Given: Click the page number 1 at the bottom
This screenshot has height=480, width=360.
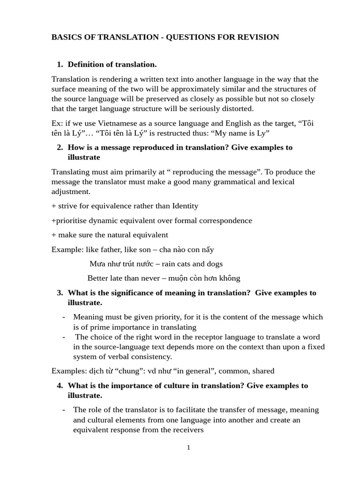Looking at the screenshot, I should (188, 448).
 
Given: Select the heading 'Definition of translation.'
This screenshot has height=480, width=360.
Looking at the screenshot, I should (112, 64).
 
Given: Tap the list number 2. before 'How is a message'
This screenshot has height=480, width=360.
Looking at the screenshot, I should (60, 147).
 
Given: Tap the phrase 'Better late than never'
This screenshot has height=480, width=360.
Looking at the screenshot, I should (124, 278).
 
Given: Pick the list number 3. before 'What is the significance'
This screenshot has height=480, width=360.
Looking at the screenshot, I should (60, 293).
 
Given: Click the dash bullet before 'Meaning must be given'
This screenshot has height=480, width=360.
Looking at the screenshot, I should (64, 317).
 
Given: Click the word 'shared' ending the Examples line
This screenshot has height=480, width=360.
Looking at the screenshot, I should (263, 371).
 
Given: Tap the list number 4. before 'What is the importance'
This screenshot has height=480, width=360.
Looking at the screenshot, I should (60, 386).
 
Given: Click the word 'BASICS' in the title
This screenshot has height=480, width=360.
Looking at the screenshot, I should (67, 37).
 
